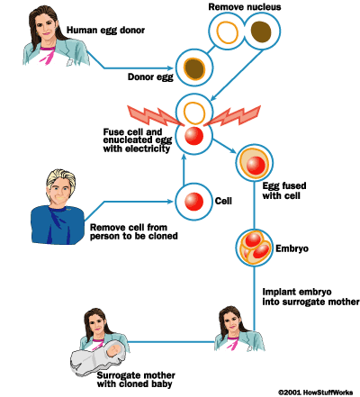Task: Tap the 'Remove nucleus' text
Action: [244, 7]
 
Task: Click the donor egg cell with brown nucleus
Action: [193, 68]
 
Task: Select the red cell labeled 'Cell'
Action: [193, 201]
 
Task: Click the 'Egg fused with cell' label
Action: [290, 190]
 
